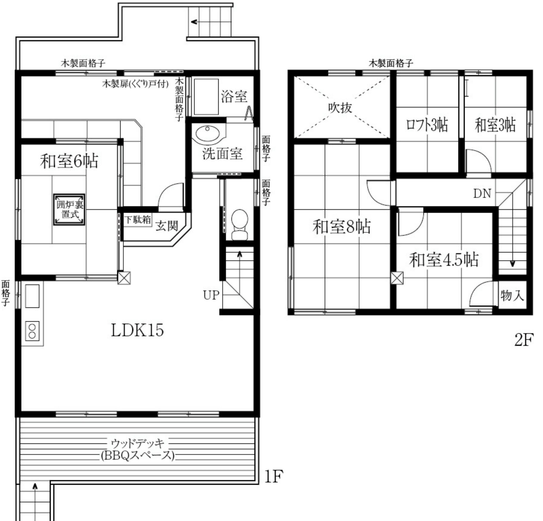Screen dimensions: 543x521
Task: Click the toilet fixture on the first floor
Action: [x=239, y=224]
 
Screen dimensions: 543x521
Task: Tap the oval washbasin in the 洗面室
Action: [x=207, y=134]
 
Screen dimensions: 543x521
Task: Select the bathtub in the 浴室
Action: [x=206, y=97]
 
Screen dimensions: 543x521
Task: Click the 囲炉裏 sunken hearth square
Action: [x=69, y=209]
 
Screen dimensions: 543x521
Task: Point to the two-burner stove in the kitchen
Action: [x=32, y=331]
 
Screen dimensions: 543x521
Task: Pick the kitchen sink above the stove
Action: [x=32, y=296]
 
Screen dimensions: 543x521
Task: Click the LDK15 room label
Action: [x=137, y=330]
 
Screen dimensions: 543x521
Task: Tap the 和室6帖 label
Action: [x=69, y=161]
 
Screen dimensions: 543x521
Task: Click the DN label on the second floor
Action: [x=482, y=193]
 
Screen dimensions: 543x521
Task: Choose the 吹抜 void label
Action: [x=340, y=108]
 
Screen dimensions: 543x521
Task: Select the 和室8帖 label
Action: [x=342, y=226]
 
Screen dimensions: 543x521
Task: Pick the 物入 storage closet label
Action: [x=512, y=295]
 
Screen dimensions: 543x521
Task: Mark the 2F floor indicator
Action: [x=524, y=340]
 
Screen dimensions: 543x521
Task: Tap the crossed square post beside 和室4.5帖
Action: [x=397, y=278]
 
